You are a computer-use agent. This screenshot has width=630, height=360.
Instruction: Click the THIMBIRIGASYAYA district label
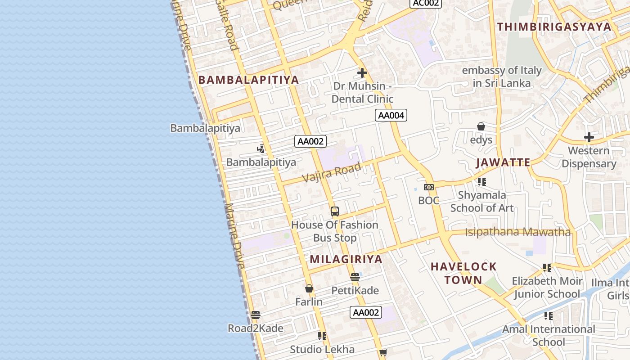click(554, 27)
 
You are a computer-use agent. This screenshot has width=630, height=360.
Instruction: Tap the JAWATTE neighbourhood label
click(503, 162)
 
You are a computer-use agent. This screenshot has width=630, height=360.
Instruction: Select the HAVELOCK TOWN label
click(463, 273)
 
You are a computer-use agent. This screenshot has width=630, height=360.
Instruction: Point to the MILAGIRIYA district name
click(346, 259)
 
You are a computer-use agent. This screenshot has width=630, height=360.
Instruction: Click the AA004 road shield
click(391, 115)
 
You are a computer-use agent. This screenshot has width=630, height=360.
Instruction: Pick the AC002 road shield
click(425, 3)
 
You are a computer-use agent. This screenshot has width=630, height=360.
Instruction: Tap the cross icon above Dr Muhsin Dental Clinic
click(362, 72)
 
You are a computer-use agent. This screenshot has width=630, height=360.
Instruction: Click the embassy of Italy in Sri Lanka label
click(502, 76)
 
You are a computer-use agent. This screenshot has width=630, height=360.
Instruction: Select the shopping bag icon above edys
click(481, 126)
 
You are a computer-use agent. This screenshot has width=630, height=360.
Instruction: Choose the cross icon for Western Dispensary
click(589, 137)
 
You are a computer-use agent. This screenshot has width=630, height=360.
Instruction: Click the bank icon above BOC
click(429, 187)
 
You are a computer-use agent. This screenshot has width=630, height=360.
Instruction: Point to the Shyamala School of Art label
click(481, 201)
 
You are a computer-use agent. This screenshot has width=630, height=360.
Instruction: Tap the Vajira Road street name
click(331, 172)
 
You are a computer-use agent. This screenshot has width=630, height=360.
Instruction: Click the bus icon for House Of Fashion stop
click(335, 211)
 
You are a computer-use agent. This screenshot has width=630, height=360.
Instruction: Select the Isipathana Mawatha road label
click(517, 232)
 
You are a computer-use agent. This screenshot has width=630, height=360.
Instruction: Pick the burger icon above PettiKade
click(355, 277)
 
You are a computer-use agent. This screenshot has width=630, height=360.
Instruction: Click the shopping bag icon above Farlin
click(309, 288)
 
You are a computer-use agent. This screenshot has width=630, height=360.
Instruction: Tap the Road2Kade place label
click(256, 328)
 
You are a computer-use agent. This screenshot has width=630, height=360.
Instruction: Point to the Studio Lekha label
click(322, 349)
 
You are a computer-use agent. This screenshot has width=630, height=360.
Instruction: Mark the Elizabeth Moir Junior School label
click(547, 287)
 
